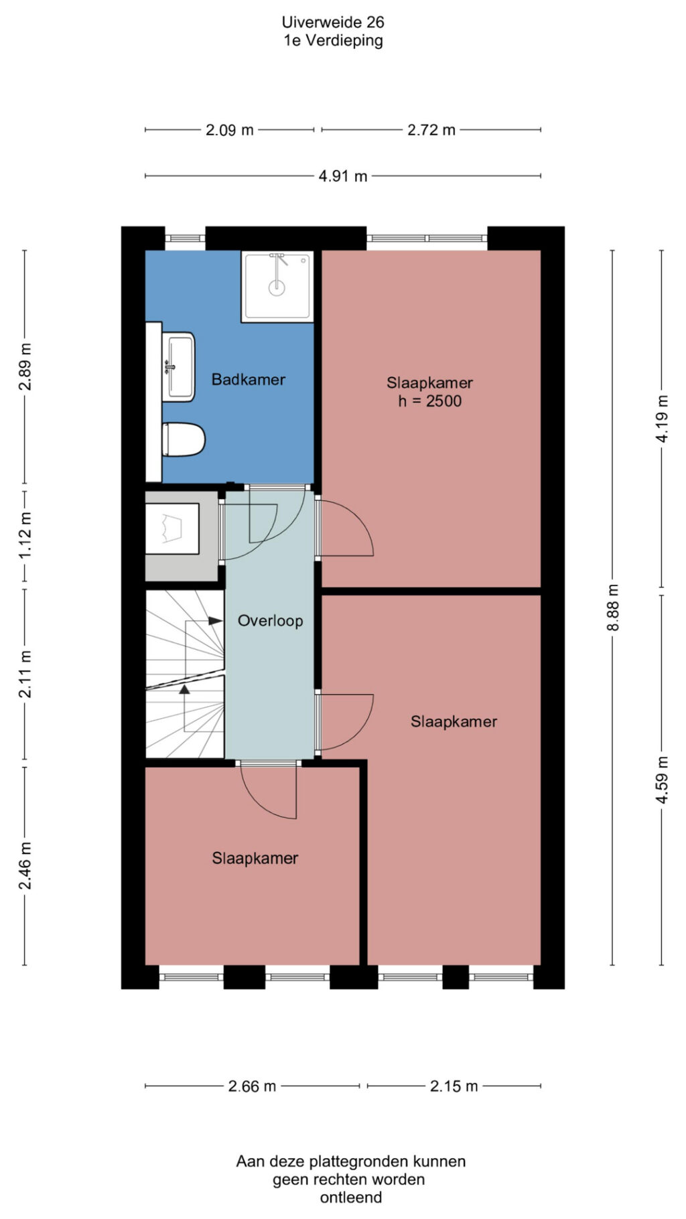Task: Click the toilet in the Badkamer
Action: click(x=184, y=439)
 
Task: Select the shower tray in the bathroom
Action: click(x=277, y=287)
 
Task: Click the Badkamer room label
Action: click(x=249, y=380)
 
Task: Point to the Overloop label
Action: click(x=271, y=621)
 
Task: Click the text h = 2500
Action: click(x=430, y=401)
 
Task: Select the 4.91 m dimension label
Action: click(x=343, y=176)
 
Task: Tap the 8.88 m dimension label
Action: click(x=613, y=607)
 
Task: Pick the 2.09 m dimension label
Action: click(x=230, y=130)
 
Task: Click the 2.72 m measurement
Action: click(x=431, y=130)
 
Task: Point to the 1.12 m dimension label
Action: click(x=25, y=536)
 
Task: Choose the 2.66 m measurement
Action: click(x=253, y=1086)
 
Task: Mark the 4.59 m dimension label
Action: click(x=662, y=780)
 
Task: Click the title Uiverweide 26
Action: click(x=333, y=22)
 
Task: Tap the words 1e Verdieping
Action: click(x=333, y=40)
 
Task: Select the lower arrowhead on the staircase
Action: click(x=184, y=689)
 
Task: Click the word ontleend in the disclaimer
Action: click(x=351, y=1197)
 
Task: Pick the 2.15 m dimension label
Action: click(x=454, y=1086)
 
